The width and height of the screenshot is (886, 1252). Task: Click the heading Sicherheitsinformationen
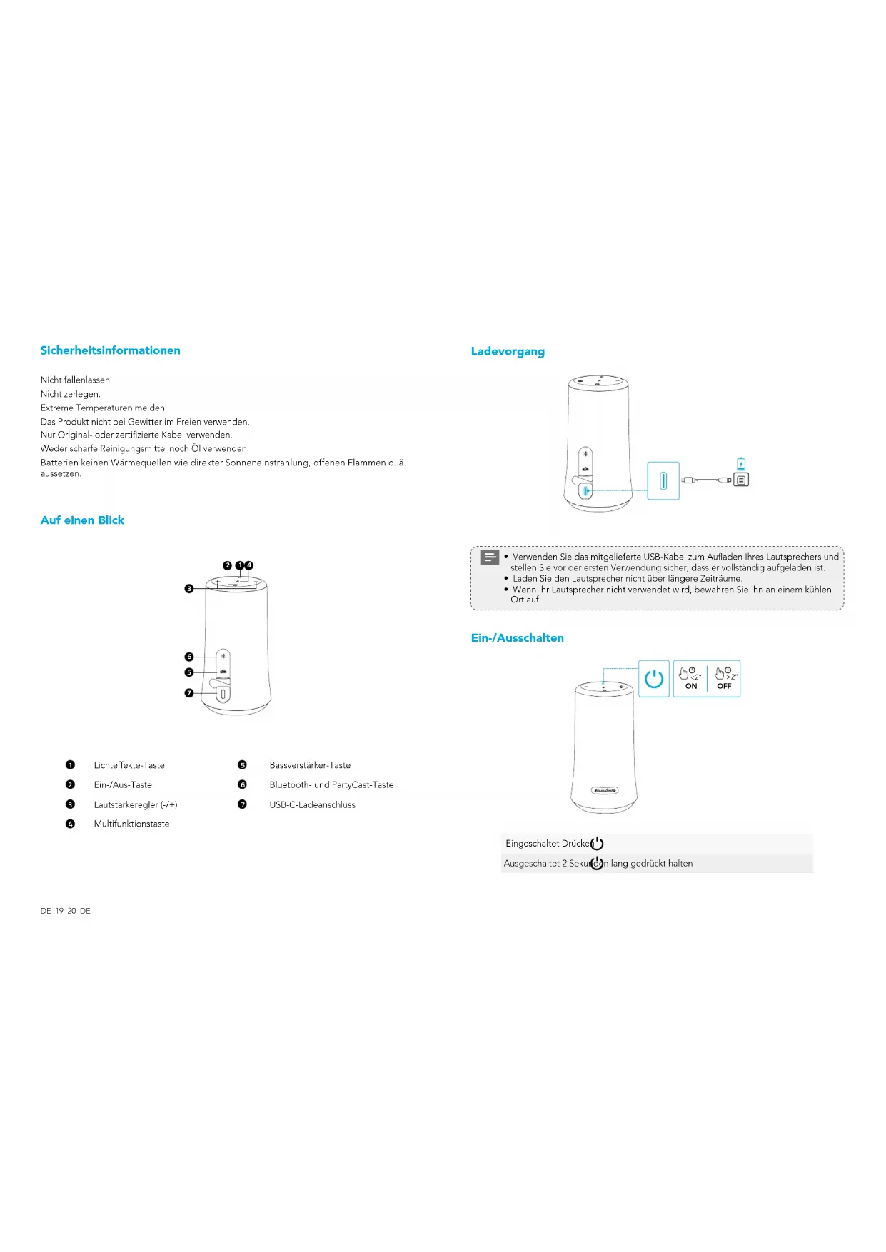[110, 350]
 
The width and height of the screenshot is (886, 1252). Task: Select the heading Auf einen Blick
[82, 520]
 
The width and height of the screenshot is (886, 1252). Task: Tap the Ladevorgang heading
[508, 351]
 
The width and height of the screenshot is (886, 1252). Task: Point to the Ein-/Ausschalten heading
[517, 638]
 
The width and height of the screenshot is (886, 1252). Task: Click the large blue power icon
[654, 679]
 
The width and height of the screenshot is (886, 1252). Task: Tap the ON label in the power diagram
[691, 686]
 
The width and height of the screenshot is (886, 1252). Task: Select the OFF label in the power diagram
[724, 686]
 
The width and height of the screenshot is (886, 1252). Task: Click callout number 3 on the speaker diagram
[189, 589]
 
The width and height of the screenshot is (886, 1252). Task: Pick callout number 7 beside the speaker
[189, 693]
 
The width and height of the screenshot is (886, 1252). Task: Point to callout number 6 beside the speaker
[189, 657]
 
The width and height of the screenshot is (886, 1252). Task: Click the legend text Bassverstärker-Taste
[310, 765]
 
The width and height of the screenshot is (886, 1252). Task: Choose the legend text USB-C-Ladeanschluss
[312, 804]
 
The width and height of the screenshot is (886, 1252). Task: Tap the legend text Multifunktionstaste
[131, 824]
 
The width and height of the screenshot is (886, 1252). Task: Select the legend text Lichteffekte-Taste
[129, 765]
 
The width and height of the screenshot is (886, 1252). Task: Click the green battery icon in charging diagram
[741, 464]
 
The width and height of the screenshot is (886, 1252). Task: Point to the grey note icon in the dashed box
[490, 557]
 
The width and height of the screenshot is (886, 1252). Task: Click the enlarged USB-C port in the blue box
[663, 480]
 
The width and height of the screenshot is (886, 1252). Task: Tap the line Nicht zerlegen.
[70, 394]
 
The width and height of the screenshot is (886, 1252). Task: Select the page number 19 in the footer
[59, 911]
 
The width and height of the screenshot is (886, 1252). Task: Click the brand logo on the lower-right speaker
[604, 790]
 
